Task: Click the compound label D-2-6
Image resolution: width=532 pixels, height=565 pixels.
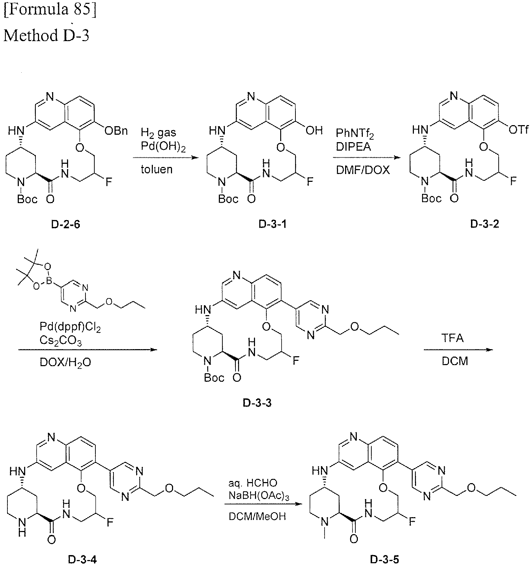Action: [66, 225]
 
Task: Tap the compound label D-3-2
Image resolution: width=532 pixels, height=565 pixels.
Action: [484, 224]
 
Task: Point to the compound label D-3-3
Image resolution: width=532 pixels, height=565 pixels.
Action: [257, 403]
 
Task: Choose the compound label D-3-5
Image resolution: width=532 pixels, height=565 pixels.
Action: [384, 560]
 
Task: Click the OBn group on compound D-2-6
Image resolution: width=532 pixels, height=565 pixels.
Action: [116, 131]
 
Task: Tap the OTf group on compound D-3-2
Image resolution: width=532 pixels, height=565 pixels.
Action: [518, 131]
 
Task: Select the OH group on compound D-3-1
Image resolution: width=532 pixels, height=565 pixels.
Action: [314, 131]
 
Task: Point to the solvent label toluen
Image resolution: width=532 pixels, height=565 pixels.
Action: [157, 169]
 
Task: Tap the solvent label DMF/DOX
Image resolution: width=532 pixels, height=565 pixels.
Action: [363, 170]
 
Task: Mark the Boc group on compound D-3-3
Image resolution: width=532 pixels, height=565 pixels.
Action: [214, 378]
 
